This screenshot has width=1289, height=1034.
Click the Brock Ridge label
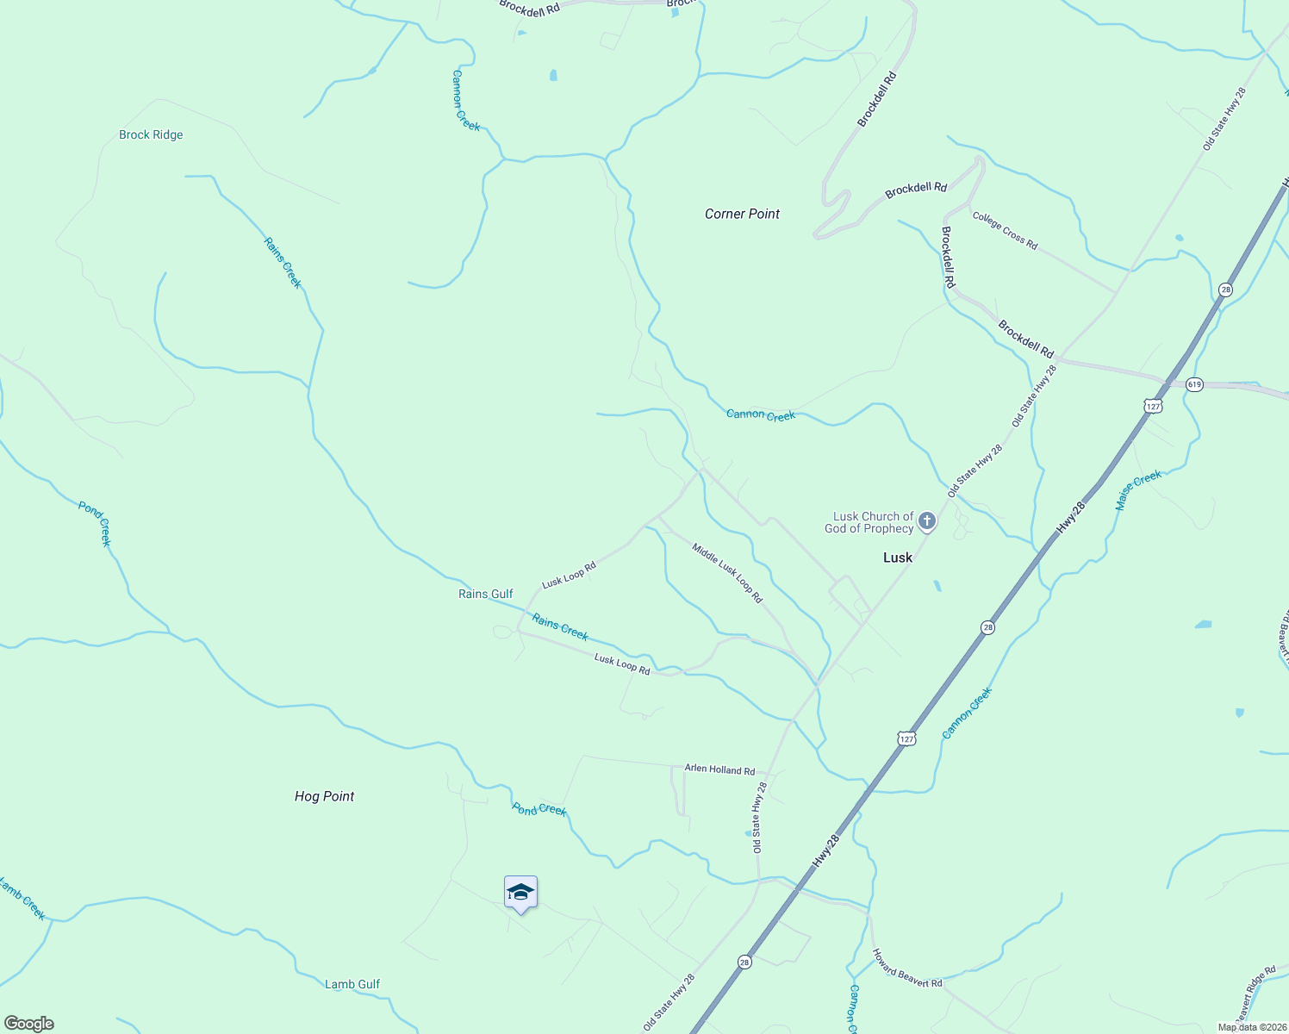[151, 134]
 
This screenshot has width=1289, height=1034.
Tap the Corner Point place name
[742, 214]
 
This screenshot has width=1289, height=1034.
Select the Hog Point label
[324, 796]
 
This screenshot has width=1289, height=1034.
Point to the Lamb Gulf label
[352, 984]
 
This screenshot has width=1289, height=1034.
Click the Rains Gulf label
[486, 594]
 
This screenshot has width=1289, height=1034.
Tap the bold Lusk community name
[897, 557]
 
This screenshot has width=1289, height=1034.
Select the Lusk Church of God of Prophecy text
[869, 522]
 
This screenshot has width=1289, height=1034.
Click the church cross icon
[927, 520]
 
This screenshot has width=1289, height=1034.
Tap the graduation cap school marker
[520, 893]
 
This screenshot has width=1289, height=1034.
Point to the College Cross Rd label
[1005, 230]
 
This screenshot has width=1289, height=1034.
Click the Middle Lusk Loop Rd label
[727, 573]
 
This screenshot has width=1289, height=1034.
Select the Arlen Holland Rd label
[719, 769]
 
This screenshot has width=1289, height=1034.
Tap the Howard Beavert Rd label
[907, 969]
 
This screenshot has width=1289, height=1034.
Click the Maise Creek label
[1138, 489]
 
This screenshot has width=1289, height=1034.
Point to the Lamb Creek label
[22, 899]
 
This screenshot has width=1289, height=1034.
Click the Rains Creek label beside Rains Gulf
[560, 627]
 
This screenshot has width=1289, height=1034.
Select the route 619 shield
[1193, 384]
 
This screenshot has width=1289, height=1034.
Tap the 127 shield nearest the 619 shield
[1154, 404]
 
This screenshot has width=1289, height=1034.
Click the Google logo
[28, 1023]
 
